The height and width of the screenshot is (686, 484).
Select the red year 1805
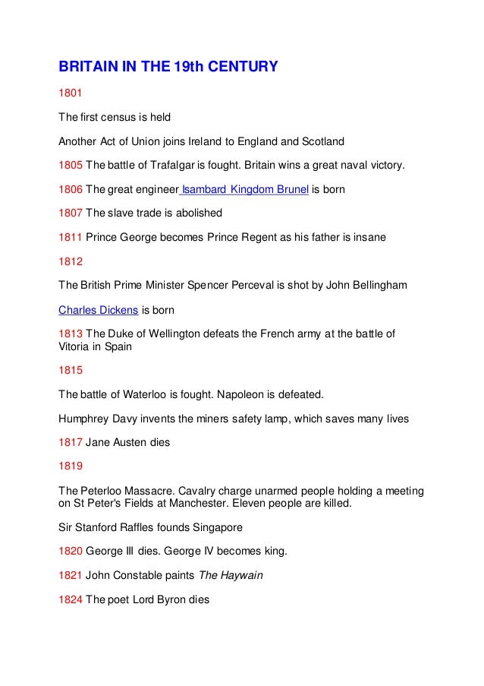[71, 165]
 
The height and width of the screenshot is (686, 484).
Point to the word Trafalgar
[172, 165]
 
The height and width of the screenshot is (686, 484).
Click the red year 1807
[71, 213]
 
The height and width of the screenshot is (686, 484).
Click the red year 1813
[71, 334]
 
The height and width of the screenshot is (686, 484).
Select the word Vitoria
[76, 346]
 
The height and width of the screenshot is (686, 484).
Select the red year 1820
[71, 551]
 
